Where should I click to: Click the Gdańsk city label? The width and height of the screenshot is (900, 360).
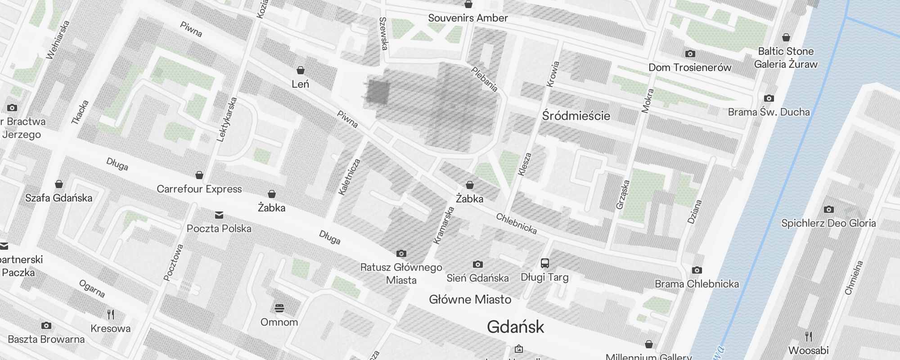(515, 327)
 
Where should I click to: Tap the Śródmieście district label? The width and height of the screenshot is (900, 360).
(576, 116)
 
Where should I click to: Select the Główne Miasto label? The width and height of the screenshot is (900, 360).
(470, 300)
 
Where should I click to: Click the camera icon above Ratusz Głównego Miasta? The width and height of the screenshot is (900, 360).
(401, 254)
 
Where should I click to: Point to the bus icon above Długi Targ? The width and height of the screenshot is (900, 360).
(544, 263)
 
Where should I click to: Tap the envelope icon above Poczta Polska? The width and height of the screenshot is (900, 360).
(219, 215)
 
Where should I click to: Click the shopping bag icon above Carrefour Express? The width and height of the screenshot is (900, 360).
(199, 175)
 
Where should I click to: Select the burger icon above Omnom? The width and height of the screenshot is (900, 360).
(279, 308)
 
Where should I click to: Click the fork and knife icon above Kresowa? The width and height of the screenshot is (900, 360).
(110, 314)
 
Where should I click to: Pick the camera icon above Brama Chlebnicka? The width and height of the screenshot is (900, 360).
(697, 270)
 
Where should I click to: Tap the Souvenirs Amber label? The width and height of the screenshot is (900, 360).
(468, 18)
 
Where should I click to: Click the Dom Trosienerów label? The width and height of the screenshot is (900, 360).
(690, 67)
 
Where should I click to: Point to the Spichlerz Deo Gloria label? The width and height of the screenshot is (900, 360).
(828, 223)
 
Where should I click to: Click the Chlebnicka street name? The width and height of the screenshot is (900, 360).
(516, 224)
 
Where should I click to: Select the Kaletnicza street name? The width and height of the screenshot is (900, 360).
(350, 177)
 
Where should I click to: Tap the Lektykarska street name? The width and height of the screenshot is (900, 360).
(226, 120)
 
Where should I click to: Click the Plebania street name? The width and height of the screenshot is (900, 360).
(484, 79)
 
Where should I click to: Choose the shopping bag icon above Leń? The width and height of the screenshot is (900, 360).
(300, 70)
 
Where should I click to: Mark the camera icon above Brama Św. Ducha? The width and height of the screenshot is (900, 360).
(769, 98)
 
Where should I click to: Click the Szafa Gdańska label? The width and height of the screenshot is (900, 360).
(58, 198)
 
